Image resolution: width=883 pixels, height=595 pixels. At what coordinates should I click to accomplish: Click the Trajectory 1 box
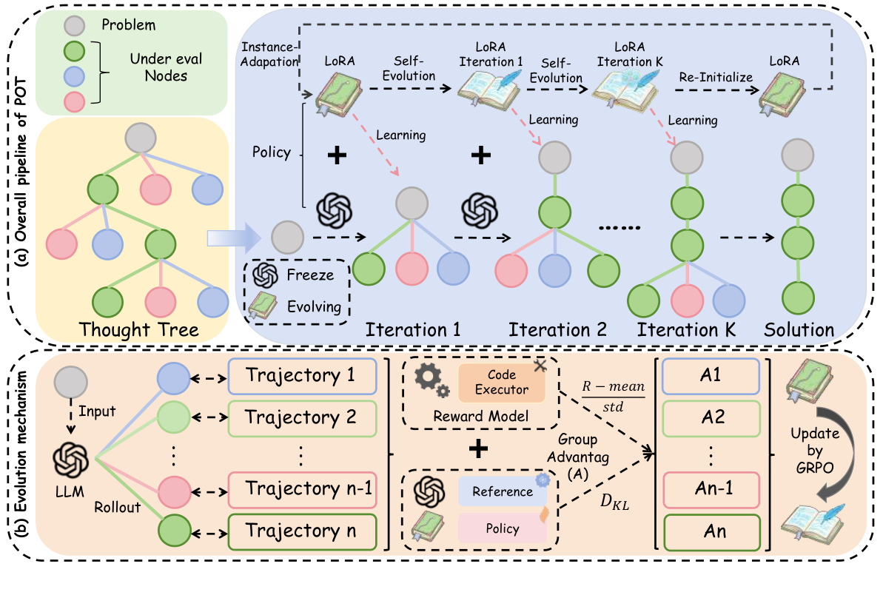[301, 376]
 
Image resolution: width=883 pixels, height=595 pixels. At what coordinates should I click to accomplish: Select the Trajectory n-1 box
[301, 489]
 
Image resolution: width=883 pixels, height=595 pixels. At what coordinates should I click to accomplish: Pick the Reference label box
[502, 491]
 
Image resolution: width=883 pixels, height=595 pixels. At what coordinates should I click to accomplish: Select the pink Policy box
[502, 528]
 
